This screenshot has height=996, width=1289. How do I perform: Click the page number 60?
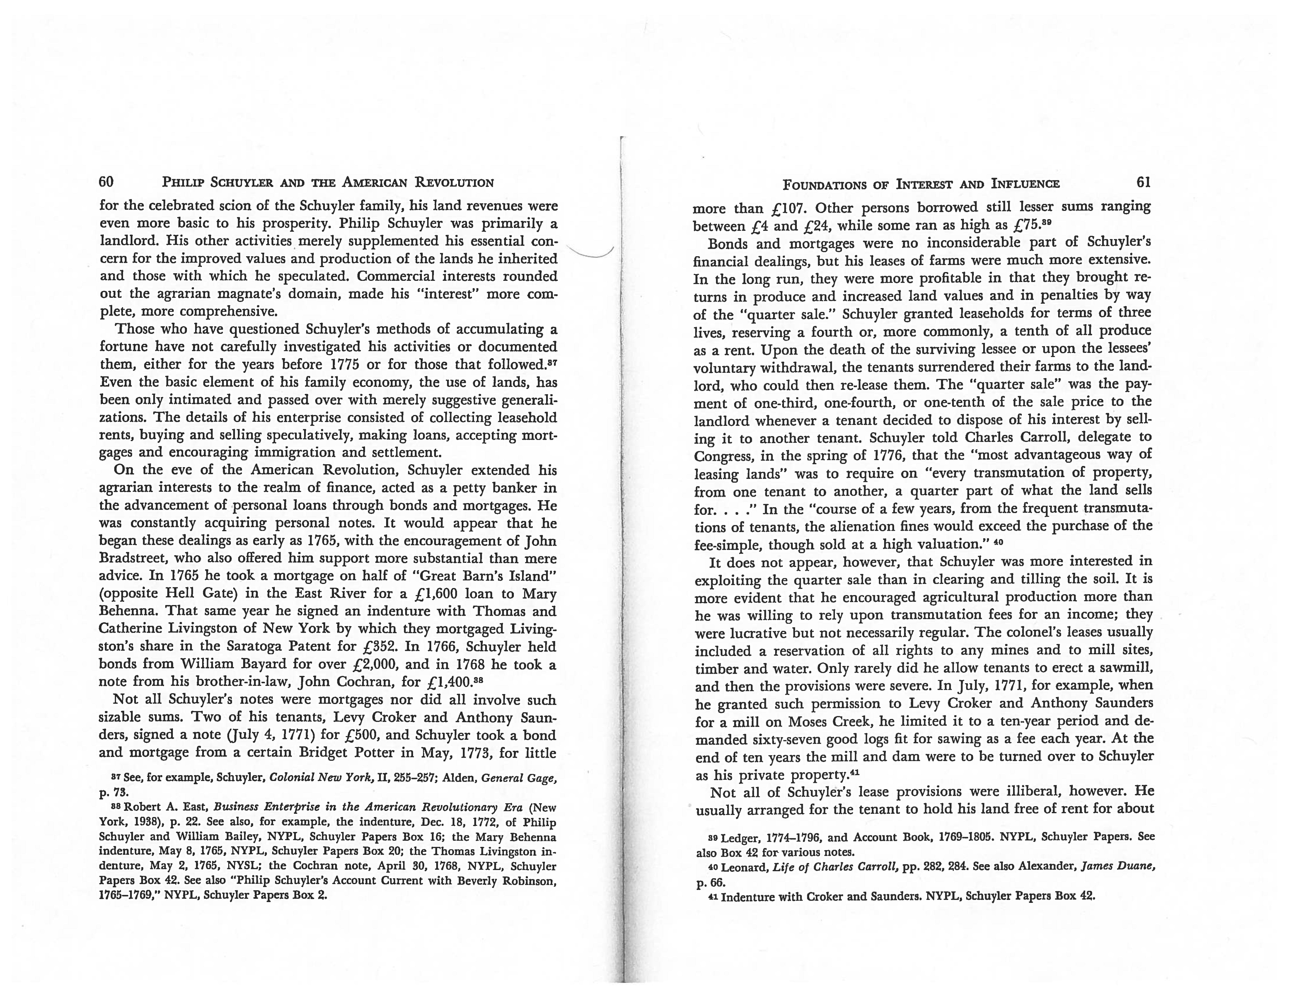(106, 182)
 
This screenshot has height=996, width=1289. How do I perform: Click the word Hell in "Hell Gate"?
(180, 593)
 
